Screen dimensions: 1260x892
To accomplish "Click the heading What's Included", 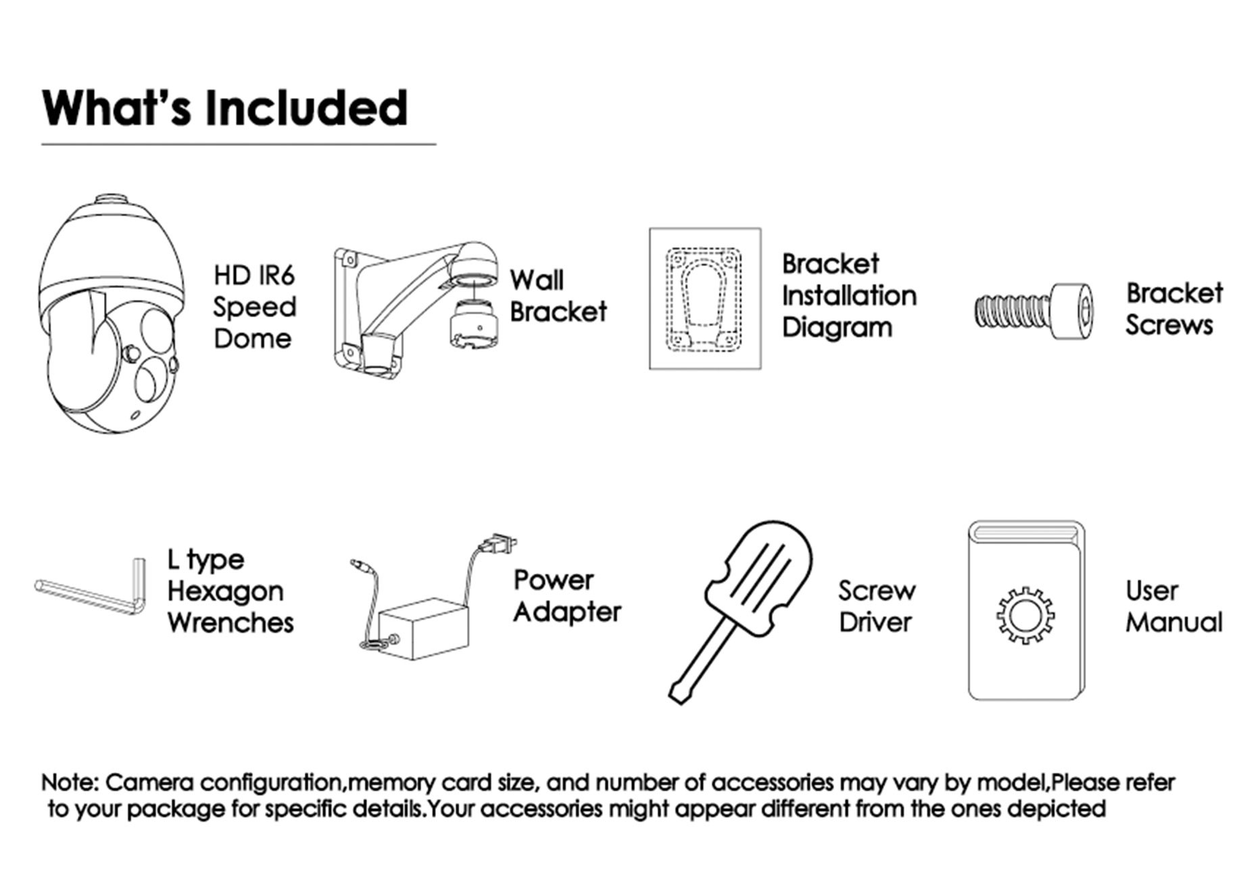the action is (x=225, y=108).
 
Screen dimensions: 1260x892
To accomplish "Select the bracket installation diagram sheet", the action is (x=705, y=299).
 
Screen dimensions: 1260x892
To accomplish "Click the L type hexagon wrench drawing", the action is (x=90, y=587).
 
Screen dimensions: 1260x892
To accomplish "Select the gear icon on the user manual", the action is (x=1025, y=615).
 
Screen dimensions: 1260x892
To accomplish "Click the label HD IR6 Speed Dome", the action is (x=255, y=307).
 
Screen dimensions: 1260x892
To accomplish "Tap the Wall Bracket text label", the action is (x=558, y=296).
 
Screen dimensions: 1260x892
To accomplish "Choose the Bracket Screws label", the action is (x=1174, y=309).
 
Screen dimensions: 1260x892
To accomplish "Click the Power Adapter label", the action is (x=566, y=596).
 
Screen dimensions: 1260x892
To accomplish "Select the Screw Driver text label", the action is (x=877, y=606).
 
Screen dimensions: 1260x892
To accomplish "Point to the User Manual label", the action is (x=1174, y=606).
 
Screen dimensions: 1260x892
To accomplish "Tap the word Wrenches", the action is (x=231, y=622).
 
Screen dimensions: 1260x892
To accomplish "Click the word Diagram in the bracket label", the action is (x=837, y=328).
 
